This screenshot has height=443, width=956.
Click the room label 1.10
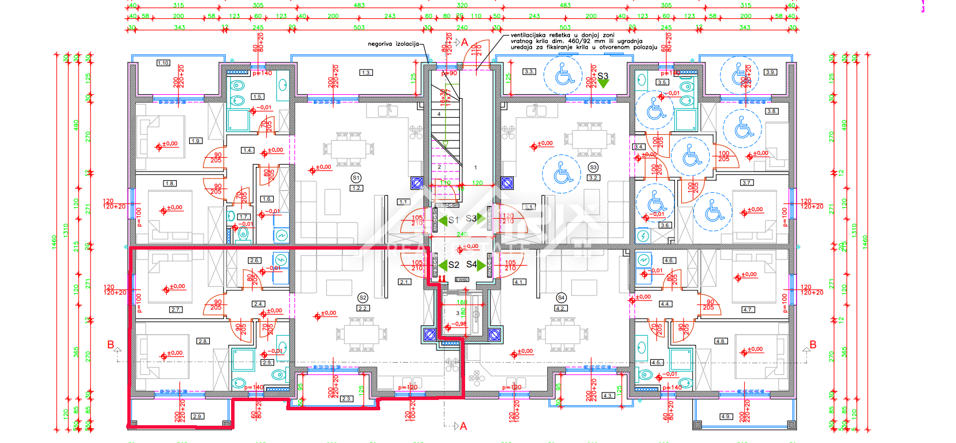[x=163, y=63]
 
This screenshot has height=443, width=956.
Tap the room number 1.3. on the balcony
[x=366, y=73]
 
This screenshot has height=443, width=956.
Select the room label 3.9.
[x=770, y=72]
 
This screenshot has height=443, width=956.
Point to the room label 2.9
[x=197, y=417]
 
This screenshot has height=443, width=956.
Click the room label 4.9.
[x=725, y=417]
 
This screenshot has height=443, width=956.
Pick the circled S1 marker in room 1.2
[x=356, y=178]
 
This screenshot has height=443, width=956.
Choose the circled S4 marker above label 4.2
[x=561, y=298]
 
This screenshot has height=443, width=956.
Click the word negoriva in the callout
[x=380, y=44]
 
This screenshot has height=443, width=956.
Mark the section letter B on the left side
[x=111, y=345]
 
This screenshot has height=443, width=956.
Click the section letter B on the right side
[x=813, y=345]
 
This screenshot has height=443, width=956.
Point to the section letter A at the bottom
[x=463, y=426]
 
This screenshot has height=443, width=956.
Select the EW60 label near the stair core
[x=462, y=279]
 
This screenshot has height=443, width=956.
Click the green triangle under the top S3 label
[x=603, y=84]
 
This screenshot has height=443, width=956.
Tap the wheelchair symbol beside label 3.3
[x=564, y=75]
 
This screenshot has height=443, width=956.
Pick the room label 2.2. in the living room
[x=363, y=308]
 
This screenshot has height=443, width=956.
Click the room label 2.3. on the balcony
[x=346, y=399]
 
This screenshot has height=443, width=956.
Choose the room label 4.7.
[x=748, y=309]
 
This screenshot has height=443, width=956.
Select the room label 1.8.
[x=170, y=184]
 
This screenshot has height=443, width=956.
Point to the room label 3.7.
[x=747, y=183]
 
